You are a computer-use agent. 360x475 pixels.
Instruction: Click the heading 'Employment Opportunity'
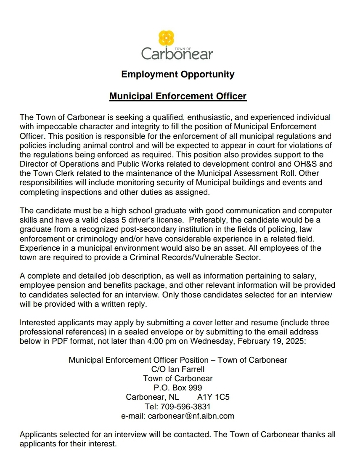coord(177,74)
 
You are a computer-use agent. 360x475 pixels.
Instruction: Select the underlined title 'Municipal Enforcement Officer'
coord(177,96)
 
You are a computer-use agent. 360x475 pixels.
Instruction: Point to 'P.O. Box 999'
coord(177,388)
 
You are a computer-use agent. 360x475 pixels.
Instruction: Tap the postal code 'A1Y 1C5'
coord(213,397)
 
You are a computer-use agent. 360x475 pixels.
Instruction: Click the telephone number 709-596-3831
coord(185,406)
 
